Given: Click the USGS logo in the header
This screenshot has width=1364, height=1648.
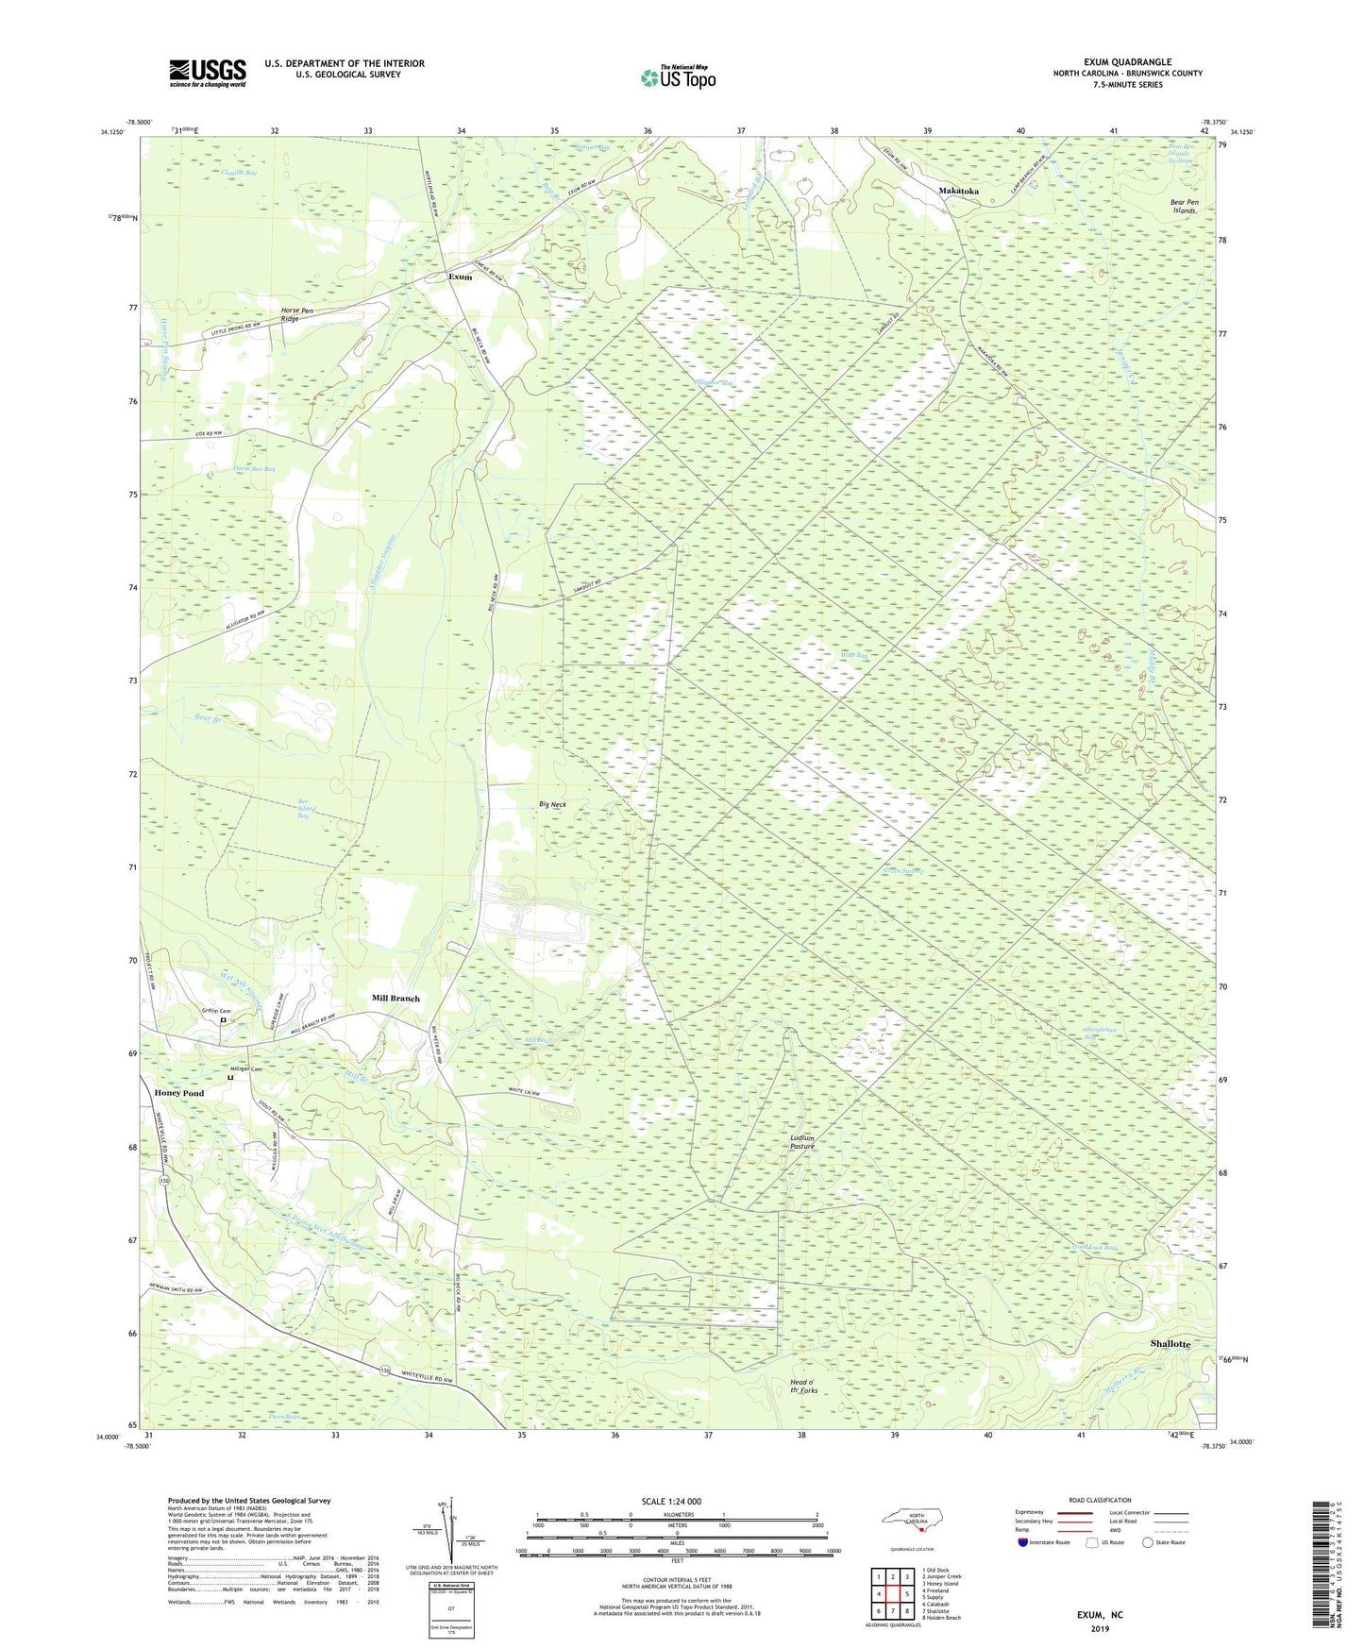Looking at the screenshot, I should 208,73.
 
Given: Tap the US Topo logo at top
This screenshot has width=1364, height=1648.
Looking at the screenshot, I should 677,77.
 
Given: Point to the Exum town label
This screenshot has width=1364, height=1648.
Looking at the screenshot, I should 460,277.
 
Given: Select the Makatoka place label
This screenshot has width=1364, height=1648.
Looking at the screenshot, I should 958,191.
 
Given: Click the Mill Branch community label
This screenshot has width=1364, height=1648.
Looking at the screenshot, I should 396,998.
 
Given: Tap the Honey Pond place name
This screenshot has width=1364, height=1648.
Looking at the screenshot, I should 178,1093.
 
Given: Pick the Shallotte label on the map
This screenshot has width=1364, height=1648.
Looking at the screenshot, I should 1170,1343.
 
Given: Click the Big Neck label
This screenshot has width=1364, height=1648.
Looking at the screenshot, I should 552,804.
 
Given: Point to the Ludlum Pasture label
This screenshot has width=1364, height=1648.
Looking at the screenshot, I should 802,1142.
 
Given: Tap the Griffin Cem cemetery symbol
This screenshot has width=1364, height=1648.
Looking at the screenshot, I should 223,1019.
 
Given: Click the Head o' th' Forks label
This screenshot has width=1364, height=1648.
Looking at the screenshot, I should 803,1387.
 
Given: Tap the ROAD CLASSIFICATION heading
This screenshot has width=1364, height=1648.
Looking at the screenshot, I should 1100,1500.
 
